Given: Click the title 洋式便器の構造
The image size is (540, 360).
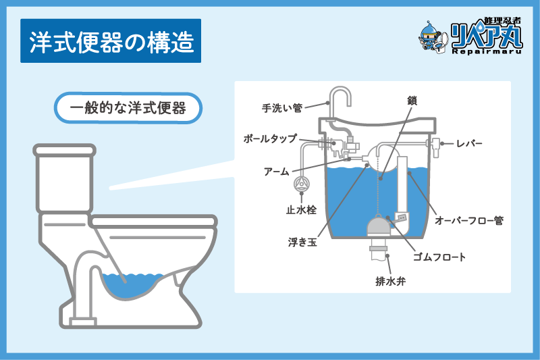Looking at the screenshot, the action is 111,41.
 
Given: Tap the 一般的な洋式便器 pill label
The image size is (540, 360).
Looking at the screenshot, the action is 128,108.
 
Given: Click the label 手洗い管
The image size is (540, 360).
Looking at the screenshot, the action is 282,108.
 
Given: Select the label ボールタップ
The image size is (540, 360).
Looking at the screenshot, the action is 270,138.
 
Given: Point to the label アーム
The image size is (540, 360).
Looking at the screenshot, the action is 276,171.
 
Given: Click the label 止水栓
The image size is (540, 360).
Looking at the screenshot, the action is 301,209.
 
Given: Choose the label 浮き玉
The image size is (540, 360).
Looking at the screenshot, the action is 302,242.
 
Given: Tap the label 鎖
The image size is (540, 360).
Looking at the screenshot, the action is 412,100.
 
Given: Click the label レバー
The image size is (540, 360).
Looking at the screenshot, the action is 469,143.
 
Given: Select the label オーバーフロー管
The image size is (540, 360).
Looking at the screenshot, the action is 469,220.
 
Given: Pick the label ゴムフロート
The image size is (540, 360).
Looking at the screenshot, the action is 439,257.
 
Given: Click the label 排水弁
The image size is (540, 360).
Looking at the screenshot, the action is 391,281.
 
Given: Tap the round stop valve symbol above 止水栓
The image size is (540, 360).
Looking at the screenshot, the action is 302,184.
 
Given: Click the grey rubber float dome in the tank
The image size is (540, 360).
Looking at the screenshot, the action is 378,226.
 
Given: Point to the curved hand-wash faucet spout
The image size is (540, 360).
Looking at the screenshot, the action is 340,97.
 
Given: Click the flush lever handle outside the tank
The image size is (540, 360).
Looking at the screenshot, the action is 435,147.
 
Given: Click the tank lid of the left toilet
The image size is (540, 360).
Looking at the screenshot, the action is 64,150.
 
